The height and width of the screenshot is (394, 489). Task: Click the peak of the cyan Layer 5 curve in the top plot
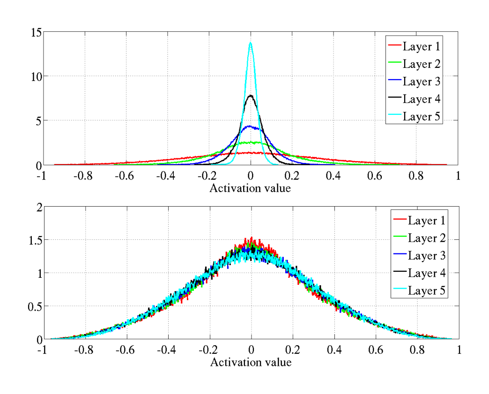251,43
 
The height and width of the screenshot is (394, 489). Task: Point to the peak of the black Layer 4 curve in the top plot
251,96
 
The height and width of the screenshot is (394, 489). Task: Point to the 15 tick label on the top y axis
36,32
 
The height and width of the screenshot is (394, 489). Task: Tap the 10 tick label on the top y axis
36,76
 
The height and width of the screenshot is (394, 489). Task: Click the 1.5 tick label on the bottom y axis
33,240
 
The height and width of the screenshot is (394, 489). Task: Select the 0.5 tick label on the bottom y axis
33,306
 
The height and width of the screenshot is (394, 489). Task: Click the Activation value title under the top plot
250,189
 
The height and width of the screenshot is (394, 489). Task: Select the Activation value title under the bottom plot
251,362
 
